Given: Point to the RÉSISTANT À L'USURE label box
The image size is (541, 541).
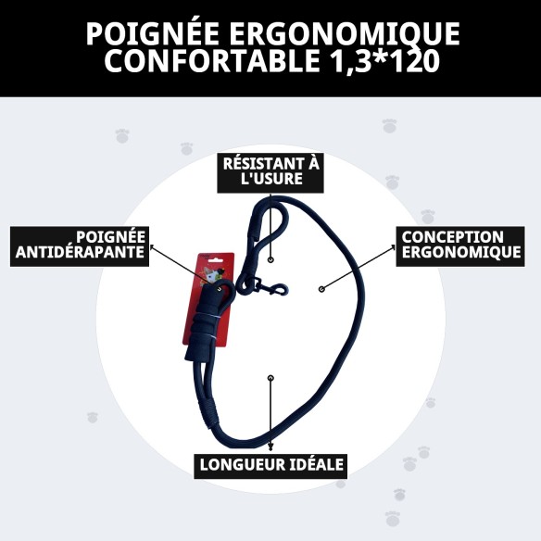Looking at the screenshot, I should coord(270,171).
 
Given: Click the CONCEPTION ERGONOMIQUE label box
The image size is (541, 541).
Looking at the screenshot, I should coord(460,245).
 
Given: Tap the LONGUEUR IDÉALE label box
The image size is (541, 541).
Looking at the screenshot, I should coord(270,464).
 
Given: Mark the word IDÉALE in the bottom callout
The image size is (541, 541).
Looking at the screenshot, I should coord(312,464).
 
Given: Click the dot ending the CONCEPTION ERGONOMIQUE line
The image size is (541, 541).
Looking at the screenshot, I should coord(321,289).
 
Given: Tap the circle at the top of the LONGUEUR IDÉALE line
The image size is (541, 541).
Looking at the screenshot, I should coord(270,377).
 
